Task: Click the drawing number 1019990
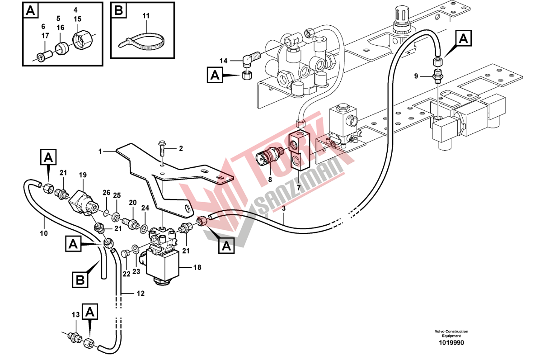pyautogui.click(x=451, y=343)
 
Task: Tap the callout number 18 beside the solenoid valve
pyautogui.click(x=197, y=267)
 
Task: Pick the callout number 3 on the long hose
pyautogui.click(x=283, y=208)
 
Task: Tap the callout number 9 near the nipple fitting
pyautogui.click(x=416, y=76)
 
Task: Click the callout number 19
pyautogui.click(x=83, y=175)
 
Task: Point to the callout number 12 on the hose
pyautogui.click(x=141, y=294)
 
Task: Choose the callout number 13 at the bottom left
pyautogui.click(x=76, y=315)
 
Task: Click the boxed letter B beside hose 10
pyautogui.click(x=80, y=280)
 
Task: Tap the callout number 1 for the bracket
pyautogui.click(x=100, y=152)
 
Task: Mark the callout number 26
pyautogui.click(x=107, y=193)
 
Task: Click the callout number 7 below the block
pyautogui.click(x=299, y=188)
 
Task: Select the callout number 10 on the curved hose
pyautogui.click(x=44, y=234)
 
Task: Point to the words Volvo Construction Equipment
pyautogui.click(x=451, y=334)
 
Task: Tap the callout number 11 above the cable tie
pyautogui.click(x=146, y=16)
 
